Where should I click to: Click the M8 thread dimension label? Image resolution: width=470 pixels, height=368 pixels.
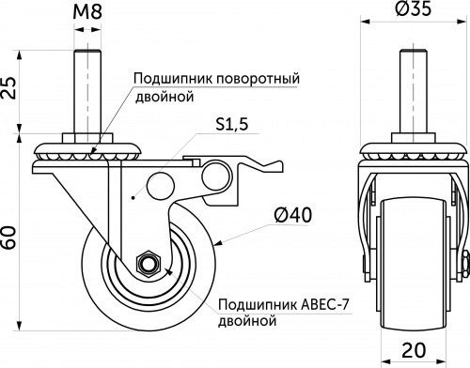(x=86, y=13)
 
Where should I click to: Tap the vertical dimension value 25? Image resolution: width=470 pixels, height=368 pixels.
(x=11, y=91)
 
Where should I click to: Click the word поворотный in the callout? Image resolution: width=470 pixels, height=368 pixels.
(x=246, y=78)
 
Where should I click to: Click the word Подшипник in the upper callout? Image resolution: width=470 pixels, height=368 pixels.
(x=166, y=78)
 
